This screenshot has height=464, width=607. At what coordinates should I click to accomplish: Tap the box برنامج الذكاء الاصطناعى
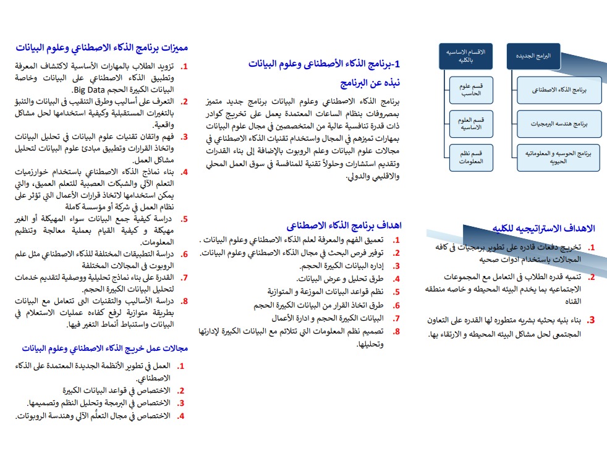pos(559,90)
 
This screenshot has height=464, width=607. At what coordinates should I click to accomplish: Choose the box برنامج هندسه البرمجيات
pos(559,124)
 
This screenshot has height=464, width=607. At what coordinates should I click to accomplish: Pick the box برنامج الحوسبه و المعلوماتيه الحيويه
pos(559,158)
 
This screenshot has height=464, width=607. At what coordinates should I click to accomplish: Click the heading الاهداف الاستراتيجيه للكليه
pos(543,229)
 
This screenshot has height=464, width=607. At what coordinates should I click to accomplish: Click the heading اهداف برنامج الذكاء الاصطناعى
pos(345,226)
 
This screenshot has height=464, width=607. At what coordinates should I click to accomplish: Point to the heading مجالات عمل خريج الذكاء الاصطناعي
pos(104,348)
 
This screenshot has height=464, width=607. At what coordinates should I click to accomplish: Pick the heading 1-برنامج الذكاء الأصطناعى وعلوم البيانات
pos(325,64)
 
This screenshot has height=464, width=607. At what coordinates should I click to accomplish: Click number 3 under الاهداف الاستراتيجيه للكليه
pos(591,320)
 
